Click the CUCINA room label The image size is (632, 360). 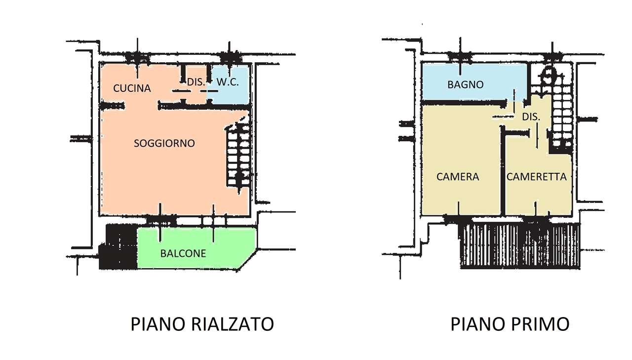click(132, 88)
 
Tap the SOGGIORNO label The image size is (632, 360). click(164, 143)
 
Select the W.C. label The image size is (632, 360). click(228, 82)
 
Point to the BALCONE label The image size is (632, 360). click(183, 253)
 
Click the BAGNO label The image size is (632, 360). click(466, 84)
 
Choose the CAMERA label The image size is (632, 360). click(458, 177)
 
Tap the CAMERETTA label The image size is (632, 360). click(536, 177)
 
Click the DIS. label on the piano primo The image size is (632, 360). click(531, 117)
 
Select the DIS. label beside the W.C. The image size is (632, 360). click(196, 82)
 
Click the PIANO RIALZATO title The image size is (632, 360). click(202, 324)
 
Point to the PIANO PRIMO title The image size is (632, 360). click(510, 324)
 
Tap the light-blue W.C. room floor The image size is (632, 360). click(229, 84)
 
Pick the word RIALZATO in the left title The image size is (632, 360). click(233, 324)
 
